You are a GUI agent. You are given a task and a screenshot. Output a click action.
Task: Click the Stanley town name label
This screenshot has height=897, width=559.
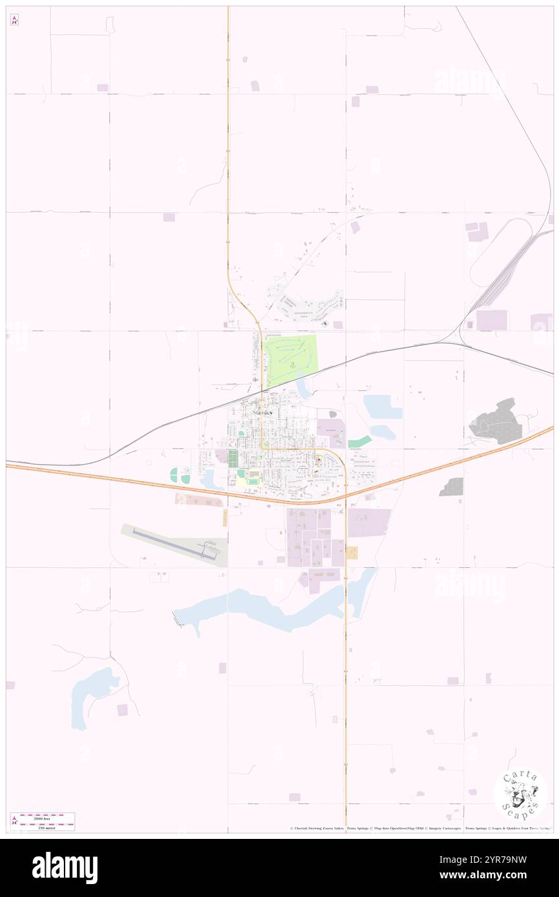263,412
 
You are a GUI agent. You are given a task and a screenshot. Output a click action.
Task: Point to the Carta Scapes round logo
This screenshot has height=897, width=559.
520,794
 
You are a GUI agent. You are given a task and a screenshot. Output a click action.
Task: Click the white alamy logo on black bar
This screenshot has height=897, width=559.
65,868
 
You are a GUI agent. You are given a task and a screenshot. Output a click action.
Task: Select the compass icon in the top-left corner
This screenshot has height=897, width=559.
14,19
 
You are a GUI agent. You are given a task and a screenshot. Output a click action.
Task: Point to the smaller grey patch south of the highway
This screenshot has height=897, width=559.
452,487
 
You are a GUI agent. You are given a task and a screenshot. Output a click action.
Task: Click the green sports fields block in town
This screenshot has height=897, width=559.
232,458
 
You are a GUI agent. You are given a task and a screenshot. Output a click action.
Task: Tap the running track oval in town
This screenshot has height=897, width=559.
249,481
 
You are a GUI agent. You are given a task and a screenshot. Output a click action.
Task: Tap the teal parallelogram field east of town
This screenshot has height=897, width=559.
360,442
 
